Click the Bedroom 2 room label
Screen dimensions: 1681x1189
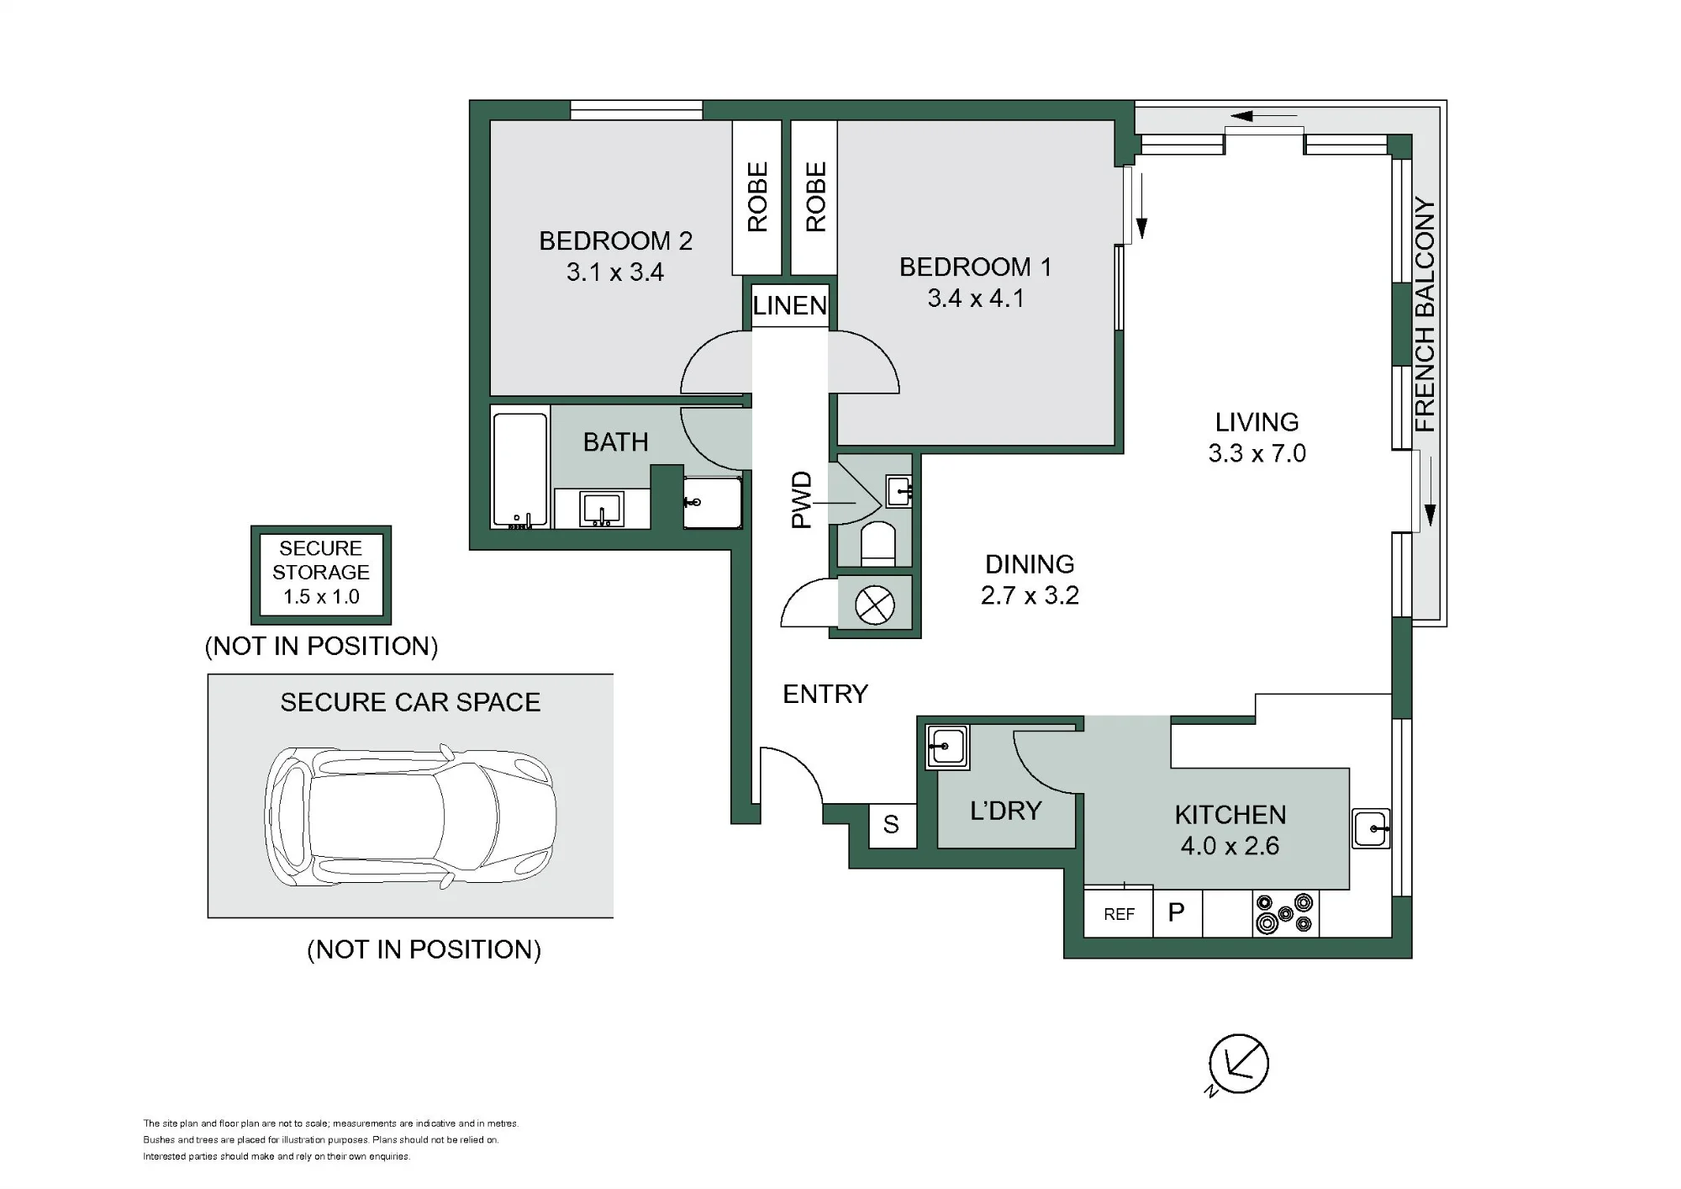coord(615,241)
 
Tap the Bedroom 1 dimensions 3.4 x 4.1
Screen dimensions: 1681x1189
coord(976,299)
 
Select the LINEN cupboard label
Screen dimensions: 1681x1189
coord(790,305)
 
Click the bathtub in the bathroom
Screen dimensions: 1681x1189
coord(520,469)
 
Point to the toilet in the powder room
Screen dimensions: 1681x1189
coord(879,544)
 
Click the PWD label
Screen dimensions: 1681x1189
coord(802,499)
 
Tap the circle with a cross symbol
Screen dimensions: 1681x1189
coord(875,605)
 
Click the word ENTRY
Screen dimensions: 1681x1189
coord(825,694)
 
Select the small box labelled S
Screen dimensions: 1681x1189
coord(892,825)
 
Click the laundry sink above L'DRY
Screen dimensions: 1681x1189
coord(947,747)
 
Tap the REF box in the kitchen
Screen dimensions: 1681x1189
coord(1119,913)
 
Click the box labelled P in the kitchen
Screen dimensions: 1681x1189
coord(1178,913)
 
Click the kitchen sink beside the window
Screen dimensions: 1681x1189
coord(1372,828)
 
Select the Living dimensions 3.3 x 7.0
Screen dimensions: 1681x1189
coord(1257,453)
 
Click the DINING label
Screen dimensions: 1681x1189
coord(1030,564)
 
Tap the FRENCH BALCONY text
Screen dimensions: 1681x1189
coord(1425,314)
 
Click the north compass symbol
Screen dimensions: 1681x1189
coord(1238,1065)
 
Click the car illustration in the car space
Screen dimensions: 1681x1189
coord(410,816)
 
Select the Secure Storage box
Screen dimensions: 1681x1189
coord(321,575)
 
